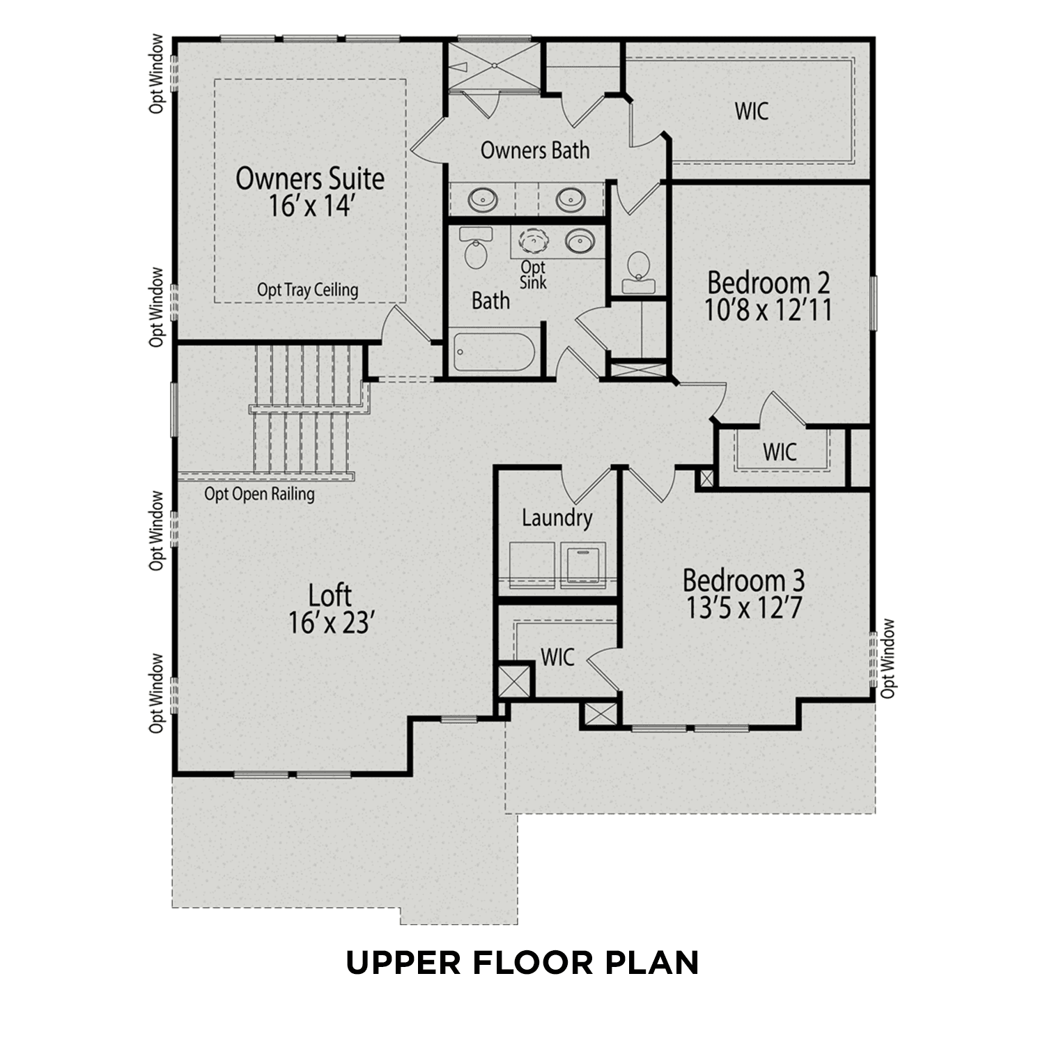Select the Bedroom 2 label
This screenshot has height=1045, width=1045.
pos(768,296)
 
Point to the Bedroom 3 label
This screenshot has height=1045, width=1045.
pos(743,594)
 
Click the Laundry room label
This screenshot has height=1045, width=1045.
pos(557,518)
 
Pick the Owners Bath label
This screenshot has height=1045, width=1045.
pos(534,150)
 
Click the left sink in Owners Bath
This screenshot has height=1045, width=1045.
pos(482,200)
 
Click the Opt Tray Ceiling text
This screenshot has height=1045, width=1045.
pos(307,290)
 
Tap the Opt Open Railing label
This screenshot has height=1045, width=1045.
pos(259,494)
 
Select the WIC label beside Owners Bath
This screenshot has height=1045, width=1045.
pos(751,111)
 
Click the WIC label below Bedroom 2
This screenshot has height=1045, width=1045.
pos(780,451)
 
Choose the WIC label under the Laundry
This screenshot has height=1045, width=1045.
pos(557,657)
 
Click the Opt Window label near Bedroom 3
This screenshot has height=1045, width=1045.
pos(888,658)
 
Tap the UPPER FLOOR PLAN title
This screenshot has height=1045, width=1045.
pos(522,963)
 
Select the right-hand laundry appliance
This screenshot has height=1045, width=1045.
pos(583,564)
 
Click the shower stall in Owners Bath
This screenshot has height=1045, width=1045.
pos(493,66)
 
